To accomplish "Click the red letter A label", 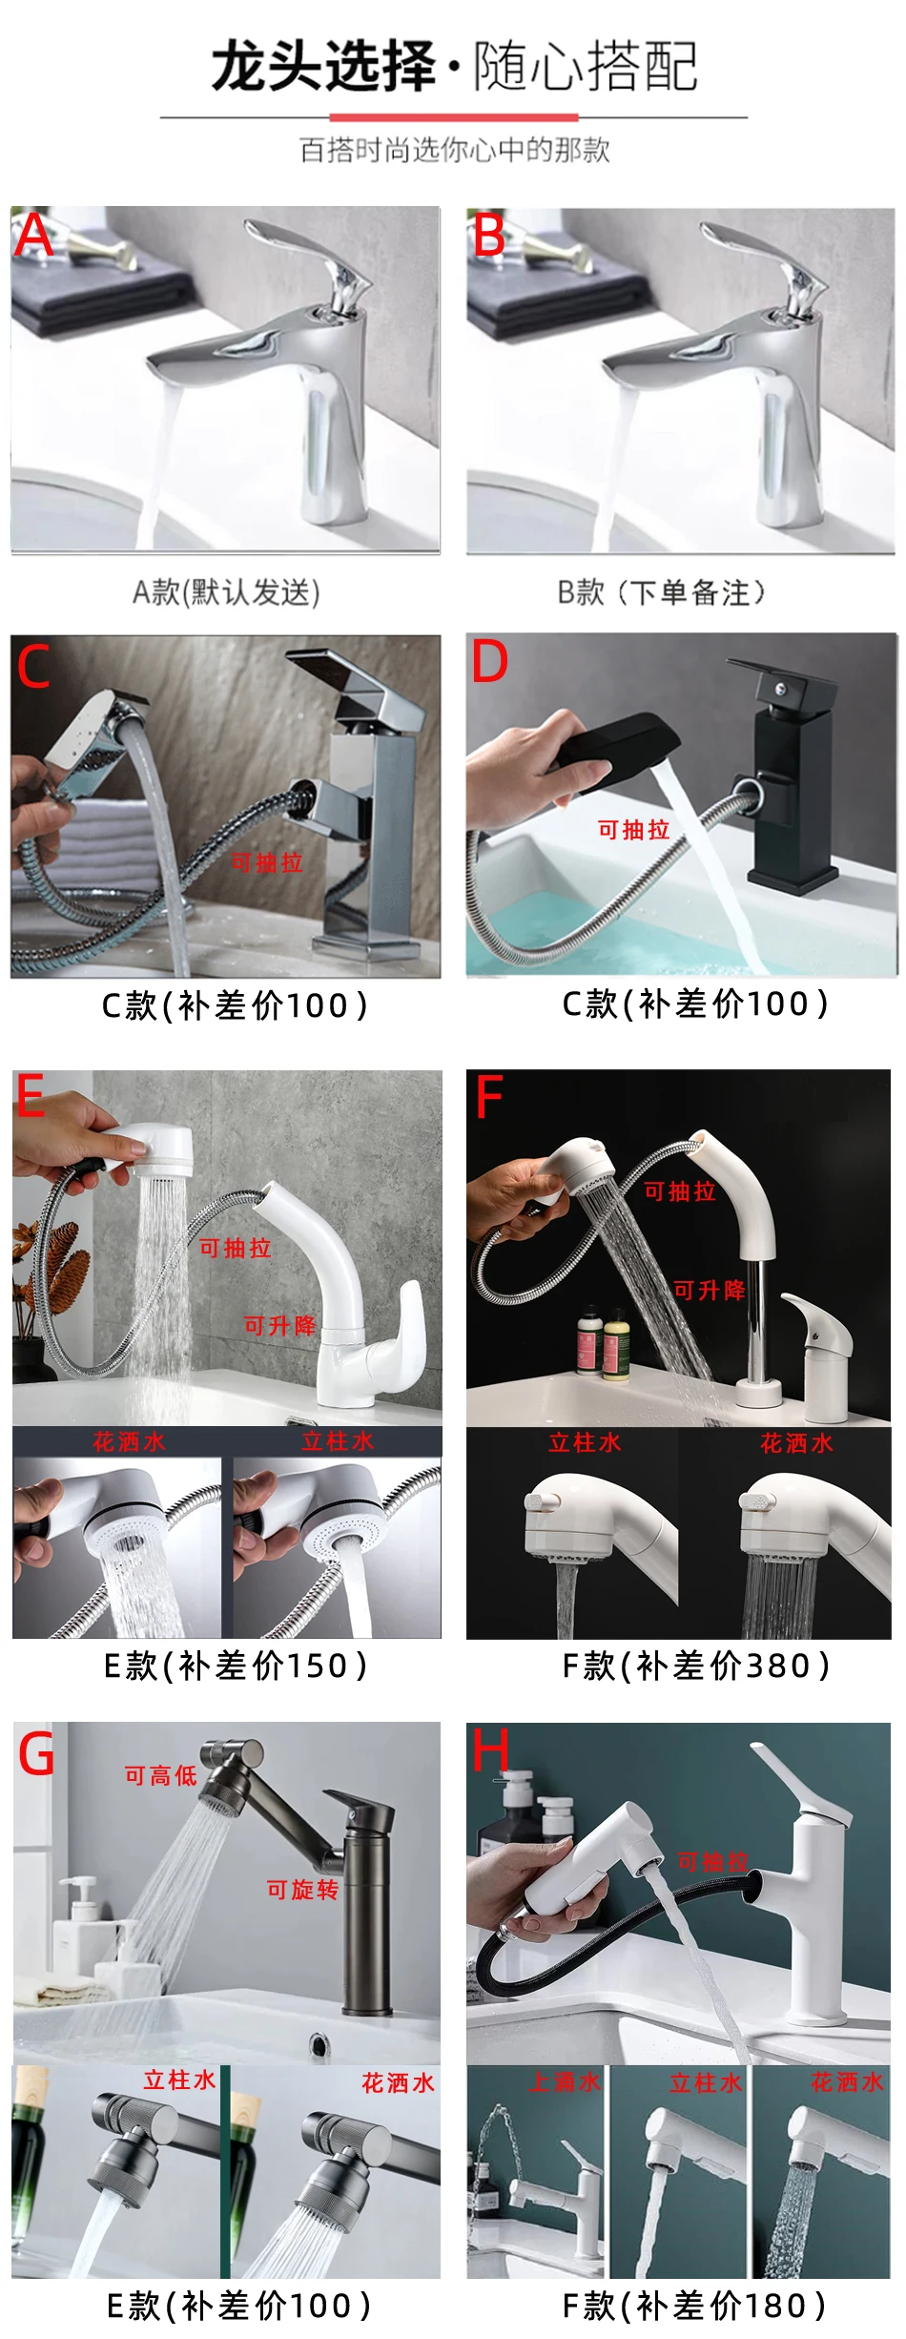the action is [34, 235].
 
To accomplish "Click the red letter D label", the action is [490, 661].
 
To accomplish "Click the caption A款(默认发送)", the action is [226, 592].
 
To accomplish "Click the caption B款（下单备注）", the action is [661, 592].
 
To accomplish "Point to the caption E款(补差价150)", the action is [235, 1666].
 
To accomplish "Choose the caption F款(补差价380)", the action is [695, 1666].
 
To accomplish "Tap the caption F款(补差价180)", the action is [693, 2307].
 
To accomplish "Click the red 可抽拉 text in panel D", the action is [634, 830].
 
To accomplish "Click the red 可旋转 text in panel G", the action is [302, 1891].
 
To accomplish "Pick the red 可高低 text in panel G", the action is [160, 1775].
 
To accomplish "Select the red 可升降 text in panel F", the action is [709, 1291].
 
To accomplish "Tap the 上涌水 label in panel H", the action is [565, 2082].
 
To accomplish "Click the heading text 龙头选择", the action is [323, 66].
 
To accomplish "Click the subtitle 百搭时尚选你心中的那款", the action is [454, 150].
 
